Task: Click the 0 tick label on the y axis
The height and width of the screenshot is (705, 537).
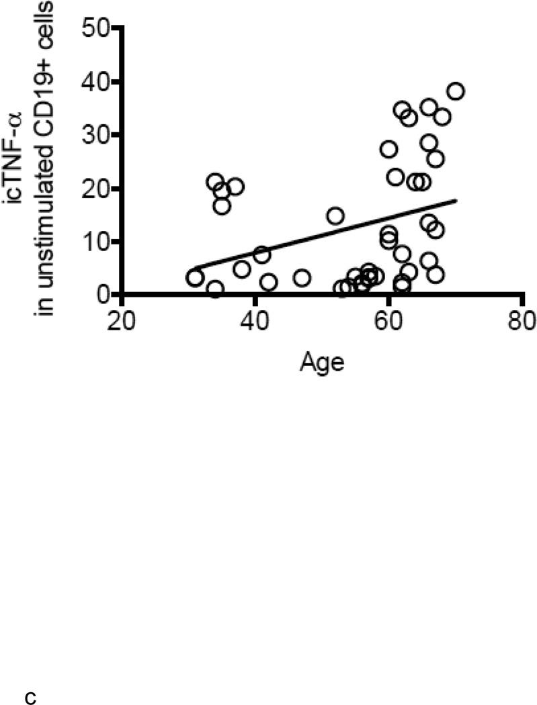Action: click(101, 294)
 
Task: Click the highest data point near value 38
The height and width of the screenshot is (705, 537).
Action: click(455, 91)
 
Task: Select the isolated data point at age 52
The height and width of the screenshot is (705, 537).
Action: click(335, 216)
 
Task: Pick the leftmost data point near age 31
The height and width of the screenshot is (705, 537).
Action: click(195, 277)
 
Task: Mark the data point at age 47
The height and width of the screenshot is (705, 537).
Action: click(302, 277)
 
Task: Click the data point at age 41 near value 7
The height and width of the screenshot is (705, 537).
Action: click(261, 254)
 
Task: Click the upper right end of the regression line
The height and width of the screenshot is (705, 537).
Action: click(456, 199)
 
